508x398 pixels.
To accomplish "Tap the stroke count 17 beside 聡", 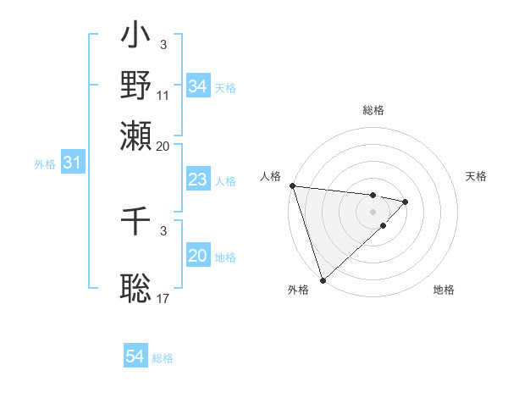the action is (x=163, y=298).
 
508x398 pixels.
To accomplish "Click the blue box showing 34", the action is (x=197, y=86).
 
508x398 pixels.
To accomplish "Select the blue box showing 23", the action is (x=197, y=180).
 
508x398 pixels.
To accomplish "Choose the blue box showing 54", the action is (x=135, y=357).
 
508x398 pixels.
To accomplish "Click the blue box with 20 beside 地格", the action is (x=197, y=256).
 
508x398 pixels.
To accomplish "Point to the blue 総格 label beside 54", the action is (x=163, y=358).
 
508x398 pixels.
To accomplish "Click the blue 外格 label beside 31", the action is (x=45, y=164).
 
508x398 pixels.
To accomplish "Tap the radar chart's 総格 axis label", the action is (x=373, y=110).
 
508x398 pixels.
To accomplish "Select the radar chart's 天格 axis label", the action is (x=477, y=176).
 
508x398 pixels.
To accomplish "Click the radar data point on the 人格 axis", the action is (x=292, y=186).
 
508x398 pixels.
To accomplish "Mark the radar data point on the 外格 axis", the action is (x=323, y=279).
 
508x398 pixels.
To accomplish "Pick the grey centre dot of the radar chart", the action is (x=373, y=211).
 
